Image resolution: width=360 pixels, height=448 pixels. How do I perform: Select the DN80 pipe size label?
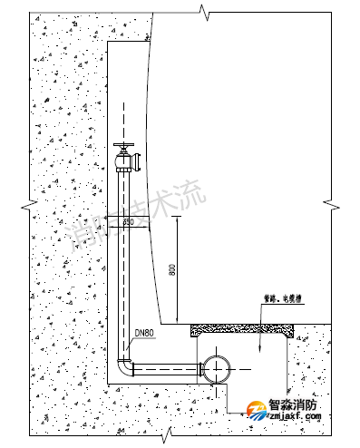pos(146,332)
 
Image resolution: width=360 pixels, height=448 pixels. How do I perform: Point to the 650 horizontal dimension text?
pos(128,221)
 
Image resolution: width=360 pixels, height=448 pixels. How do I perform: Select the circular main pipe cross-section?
pos(219,368)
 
